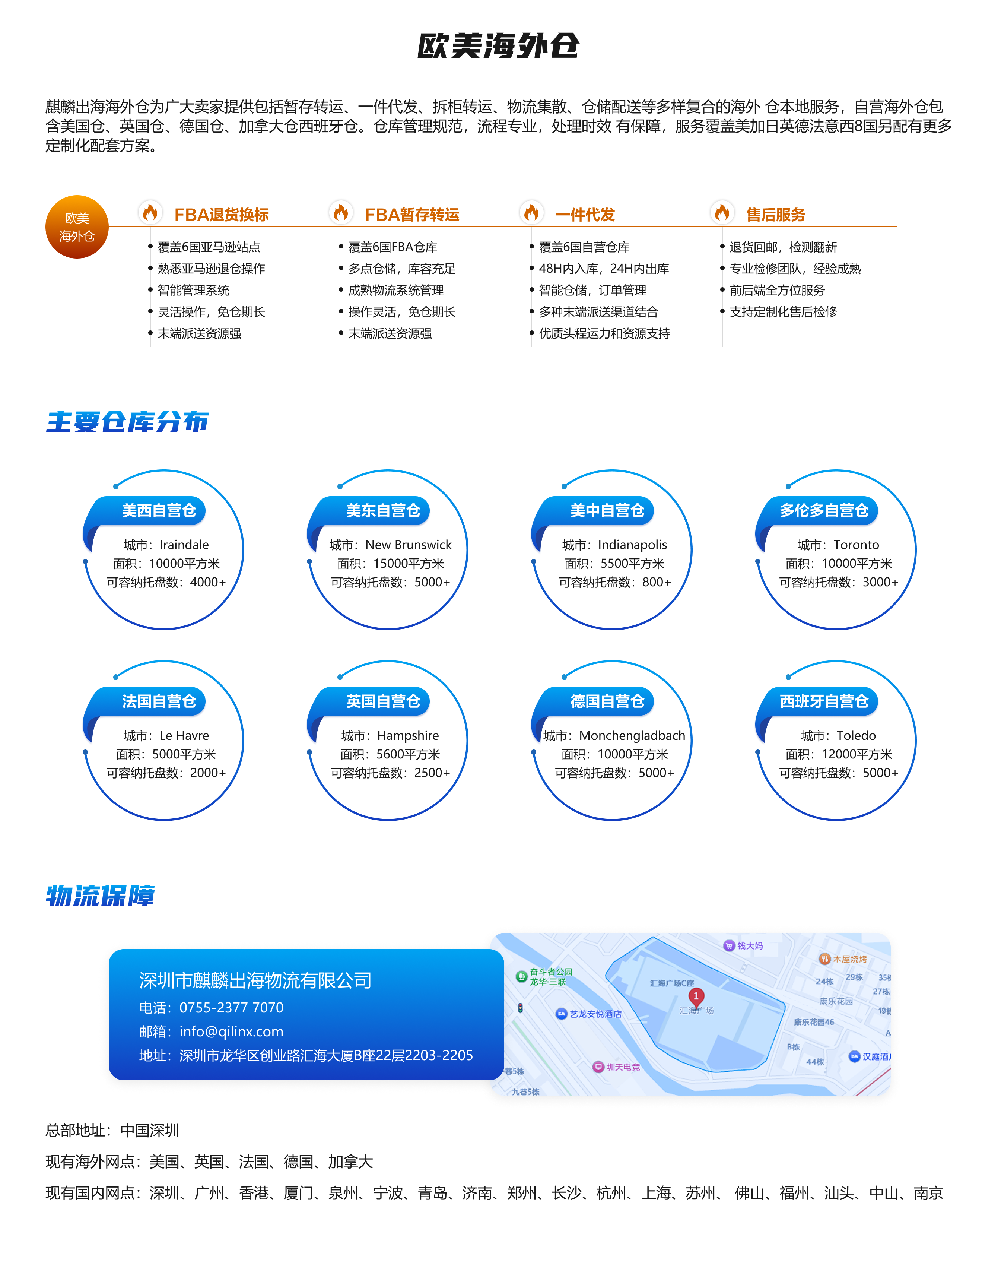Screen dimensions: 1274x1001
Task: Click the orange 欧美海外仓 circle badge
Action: pos(77,227)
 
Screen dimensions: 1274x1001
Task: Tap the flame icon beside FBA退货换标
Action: pos(150,212)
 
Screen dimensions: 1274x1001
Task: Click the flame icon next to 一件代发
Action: pos(531,212)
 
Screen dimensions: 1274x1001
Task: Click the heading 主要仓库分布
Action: pos(128,422)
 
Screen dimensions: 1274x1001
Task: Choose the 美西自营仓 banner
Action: pos(159,511)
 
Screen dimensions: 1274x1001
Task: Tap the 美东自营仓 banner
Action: pos(383,511)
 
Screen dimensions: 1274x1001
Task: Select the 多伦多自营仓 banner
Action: pos(823,511)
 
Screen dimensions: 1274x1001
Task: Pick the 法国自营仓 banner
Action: pos(159,701)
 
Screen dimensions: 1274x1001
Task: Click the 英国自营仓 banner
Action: pos(383,701)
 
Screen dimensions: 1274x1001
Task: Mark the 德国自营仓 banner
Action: pos(607,701)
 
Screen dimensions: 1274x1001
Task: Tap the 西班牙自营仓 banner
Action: pos(823,701)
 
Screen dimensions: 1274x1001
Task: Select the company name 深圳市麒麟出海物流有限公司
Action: pos(255,980)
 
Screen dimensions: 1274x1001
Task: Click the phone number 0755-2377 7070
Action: pos(232,1008)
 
